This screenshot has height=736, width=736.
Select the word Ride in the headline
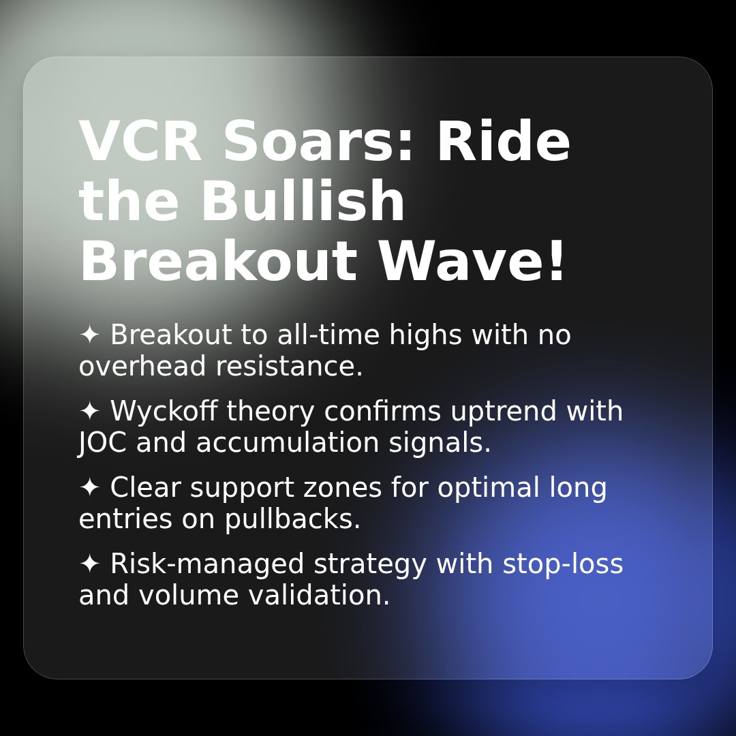(504, 140)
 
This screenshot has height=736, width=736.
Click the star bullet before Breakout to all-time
(89, 335)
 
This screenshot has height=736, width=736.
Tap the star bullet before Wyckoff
(89, 411)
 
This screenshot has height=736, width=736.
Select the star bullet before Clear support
(89, 487)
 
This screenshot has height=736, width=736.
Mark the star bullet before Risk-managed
(89, 564)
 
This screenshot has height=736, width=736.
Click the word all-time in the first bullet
(328, 335)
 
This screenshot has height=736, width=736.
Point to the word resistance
(289, 366)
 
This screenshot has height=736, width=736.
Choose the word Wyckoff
(164, 411)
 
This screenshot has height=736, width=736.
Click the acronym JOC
(102, 442)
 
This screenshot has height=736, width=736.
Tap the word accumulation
(288, 442)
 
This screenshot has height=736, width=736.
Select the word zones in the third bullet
(342, 488)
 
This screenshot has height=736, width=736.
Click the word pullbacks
(292, 519)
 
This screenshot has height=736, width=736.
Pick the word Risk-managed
(207, 564)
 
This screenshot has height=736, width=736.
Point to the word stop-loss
(563, 564)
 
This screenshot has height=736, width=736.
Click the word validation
(319, 595)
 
